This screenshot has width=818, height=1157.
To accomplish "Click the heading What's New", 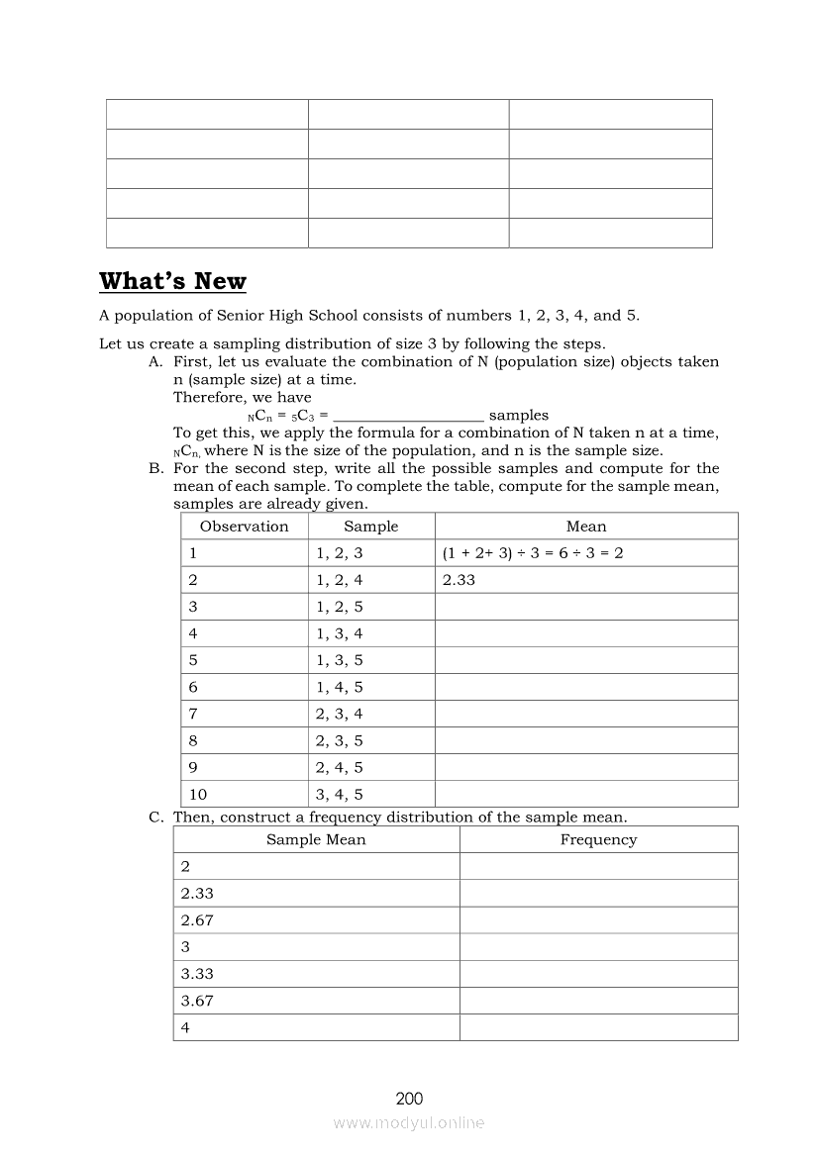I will coord(172,281).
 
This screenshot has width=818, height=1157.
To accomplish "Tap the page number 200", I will coord(409,1098).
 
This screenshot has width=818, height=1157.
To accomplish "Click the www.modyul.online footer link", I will coord(409,1122).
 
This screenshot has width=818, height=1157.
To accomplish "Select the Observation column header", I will coord(244,527).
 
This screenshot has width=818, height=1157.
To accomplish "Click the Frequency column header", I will coord(598,839).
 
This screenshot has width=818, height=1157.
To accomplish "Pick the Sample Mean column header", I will coord(316,839).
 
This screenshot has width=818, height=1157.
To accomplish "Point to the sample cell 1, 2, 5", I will coord(340,607).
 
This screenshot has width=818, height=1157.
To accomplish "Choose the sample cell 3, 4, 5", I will coord(340,794).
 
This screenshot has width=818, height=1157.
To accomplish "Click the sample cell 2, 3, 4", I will coord(340,714).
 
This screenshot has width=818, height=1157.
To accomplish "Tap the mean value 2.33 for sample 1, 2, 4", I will coord(459,580).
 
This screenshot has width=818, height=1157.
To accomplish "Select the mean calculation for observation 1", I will coord(533,553).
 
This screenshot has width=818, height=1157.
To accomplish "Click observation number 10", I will coord(198,794).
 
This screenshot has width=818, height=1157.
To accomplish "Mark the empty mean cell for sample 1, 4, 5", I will coord(586,687).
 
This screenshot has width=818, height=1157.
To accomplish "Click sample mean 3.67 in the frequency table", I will coord(197,1001).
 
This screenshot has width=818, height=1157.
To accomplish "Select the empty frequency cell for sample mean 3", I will coord(598,947).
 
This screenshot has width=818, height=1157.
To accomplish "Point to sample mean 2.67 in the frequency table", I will coord(197,920).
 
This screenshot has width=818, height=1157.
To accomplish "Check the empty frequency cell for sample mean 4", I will coord(598,1027).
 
